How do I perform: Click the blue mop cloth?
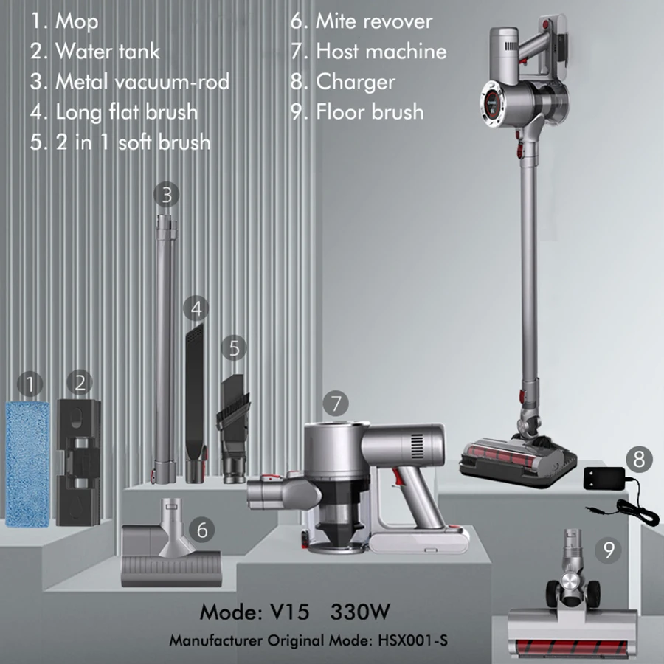(27, 465)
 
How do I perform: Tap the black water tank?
(79, 462)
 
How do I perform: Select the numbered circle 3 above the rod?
(167, 195)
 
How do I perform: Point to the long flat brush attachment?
(196, 404)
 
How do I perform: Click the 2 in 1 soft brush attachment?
(234, 429)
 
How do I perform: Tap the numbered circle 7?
(336, 403)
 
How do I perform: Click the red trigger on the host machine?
(397, 476)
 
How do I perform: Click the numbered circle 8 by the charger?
(639, 460)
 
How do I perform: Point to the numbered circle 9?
(608, 550)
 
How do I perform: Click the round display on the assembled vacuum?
(491, 103)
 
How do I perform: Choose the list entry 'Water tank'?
(108, 51)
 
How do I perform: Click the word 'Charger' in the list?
(356, 82)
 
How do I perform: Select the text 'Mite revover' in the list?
(374, 21)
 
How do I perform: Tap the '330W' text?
(360, 612)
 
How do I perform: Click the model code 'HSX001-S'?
(412, 640)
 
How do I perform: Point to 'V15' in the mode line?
(290, 612)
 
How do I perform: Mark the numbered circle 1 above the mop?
(30, 384)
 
